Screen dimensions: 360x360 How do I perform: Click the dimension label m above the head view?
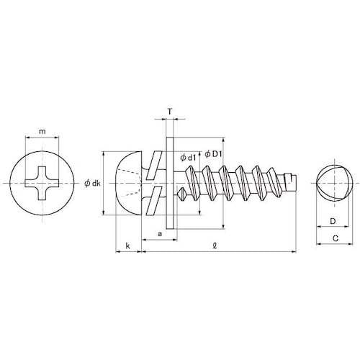tap(42, 131)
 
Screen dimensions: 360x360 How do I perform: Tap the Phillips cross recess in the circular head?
tap(43, 183)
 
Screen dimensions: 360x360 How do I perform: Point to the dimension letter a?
tap(159, 235)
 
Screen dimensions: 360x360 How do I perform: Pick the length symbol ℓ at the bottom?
tap(217, 246)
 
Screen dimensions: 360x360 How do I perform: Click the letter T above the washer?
tap(169, 112)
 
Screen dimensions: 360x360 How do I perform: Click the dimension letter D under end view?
tap(332, 222)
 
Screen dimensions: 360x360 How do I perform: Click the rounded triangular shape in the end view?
tap(331, 183)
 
